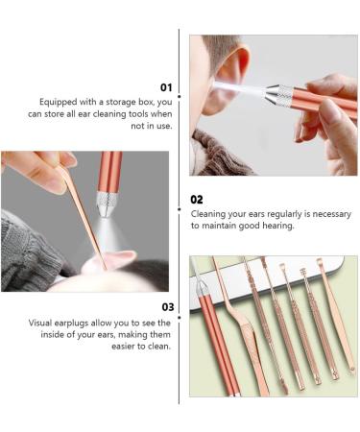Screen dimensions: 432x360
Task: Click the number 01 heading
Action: (x=165, y=86)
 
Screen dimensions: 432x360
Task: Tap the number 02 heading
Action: (x=198, y=201)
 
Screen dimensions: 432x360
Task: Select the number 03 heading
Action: (x=165, y=308)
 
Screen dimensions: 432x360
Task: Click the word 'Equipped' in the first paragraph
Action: (x=59, y=102)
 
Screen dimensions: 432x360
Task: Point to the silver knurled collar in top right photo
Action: (x=279, y=94)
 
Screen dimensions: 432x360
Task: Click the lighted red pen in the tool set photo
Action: (x=207, y=326)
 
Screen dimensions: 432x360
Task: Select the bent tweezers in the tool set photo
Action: (x=229, y=326)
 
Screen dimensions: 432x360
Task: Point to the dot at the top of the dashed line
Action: (x=180, y=32)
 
